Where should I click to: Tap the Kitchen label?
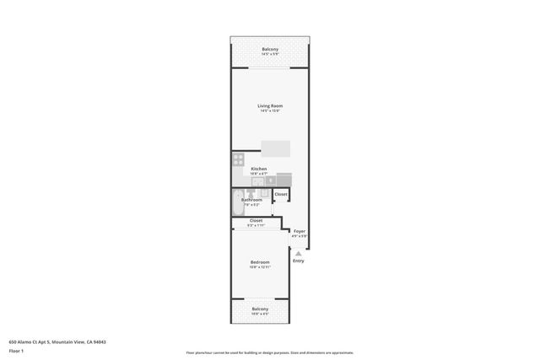(259, 169)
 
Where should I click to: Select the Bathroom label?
(251, 200)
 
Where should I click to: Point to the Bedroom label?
(259, 262)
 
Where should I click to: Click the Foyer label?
(299, 230)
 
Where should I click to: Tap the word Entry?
(298, 261)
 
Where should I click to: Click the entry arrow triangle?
(298, 253)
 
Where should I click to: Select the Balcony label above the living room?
(269, 49)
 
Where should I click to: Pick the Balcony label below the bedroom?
(260, 309)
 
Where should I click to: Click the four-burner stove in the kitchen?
(238, 159)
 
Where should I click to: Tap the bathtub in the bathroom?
(237, 203)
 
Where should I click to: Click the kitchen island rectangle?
(275, 148)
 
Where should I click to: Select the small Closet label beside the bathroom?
(281, 194)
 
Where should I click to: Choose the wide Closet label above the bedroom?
(255, 221)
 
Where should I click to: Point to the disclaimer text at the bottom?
(269, 352)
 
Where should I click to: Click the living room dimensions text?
(269, 110)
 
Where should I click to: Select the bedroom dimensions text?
(259, 267)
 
